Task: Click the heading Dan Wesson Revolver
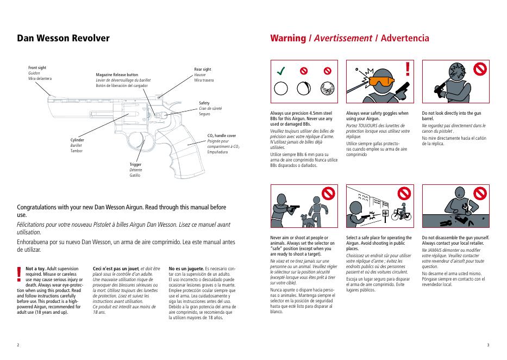coord(64,39)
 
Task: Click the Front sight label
coord(37,67)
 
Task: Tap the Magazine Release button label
coord(117,75)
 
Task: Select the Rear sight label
coord(203,70)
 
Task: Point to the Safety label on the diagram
coord(204,103)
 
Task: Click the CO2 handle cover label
coord(222,135)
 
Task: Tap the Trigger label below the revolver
coord(135,164)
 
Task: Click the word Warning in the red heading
coord(288,38)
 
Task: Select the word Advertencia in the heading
coord(405,38)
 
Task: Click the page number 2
coord(18,345)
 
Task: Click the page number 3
coord(488,345)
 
